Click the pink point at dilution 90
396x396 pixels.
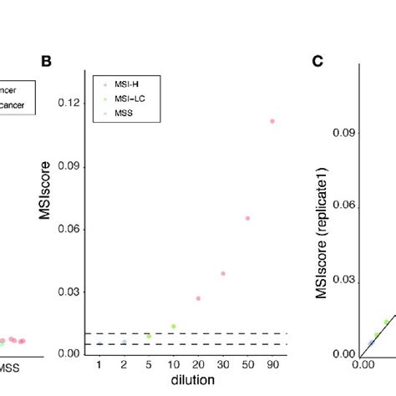pyautogui.click(x=272, y=121)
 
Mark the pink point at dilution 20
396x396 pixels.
pyautogui.click(x=198, y=298)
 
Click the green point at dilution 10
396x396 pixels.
pyautogui.click(x=174, y=326)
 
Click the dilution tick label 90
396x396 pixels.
pyautogui.click(x=272, y=365)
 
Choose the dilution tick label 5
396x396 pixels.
pyautogui.click(x=149, y=365)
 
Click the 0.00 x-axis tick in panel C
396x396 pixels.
pyautogui.click(x=364, y=365)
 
